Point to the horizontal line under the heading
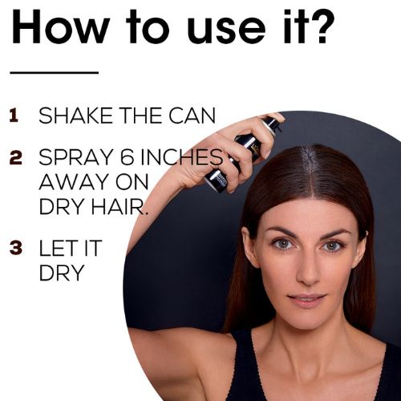point(55,72)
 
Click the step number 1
point(14,115)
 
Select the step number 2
point(15,157)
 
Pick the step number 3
point(15,248)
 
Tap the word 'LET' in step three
point(59,248)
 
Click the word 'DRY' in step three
point(61,273)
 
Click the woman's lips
point(306,300)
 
